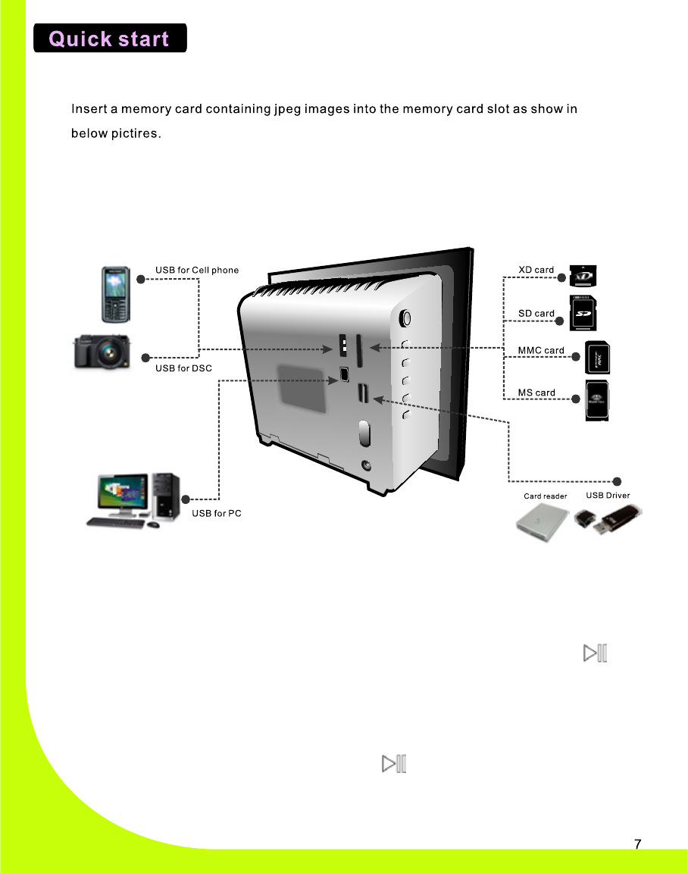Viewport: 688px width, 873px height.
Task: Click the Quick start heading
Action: click(x=110, y=38)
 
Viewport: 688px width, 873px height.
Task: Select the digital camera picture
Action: click(x=102, y=352)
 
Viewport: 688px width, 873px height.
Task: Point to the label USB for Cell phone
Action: click(x=197, y=270)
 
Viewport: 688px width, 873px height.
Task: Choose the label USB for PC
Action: click(x=217, y=514)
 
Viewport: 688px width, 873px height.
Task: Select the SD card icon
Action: click(x=582, y=312)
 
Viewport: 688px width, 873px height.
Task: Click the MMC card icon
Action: click(x=598, y=358)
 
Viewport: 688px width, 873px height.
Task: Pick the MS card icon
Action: click(x=598, y=400)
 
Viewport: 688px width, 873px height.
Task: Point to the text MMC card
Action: click(x=541, y=350)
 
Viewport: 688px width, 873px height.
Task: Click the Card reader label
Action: click(x=546, y=496)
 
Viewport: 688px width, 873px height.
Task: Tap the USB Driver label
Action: click(x=608, y=496)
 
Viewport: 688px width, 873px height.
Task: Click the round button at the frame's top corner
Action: click(x=406, y=317)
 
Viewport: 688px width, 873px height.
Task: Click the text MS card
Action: click(x=536, y=393)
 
